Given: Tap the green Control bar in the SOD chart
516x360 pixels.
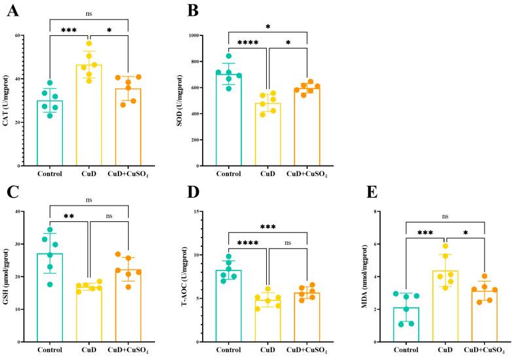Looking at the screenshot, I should (229, 118).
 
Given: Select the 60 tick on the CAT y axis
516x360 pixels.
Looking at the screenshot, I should (31, 35).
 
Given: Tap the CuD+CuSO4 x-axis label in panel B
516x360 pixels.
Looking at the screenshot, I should (307, 175).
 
